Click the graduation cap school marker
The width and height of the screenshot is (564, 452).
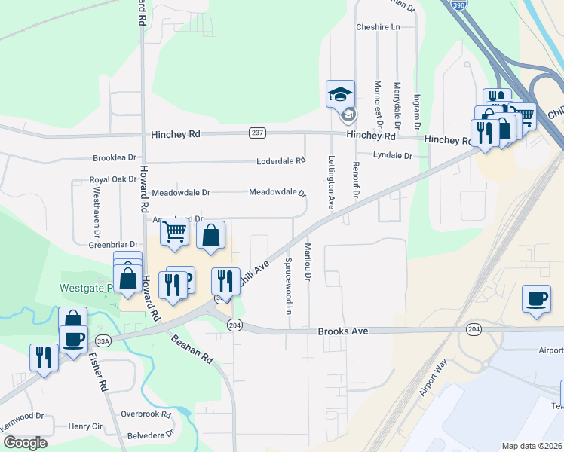pos(340,94)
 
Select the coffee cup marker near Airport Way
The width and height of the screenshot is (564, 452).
pos(536,298)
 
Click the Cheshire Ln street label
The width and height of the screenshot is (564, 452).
pos(378,27)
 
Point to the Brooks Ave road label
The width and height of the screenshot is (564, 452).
pos(343,331)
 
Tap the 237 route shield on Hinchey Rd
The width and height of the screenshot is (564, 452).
pos(257,133)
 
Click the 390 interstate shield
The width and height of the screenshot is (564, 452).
pos(459,5)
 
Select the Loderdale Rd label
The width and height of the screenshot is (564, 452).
pos(280,160)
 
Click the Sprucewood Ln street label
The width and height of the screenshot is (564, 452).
pos(289,286)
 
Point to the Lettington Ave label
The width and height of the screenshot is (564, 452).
pos(330,182)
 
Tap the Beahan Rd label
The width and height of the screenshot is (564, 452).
pos(192,350)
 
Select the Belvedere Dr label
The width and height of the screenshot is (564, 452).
pos(151,435)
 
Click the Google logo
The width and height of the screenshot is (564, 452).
pos(24,443)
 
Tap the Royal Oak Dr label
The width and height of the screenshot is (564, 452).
pos(113,180)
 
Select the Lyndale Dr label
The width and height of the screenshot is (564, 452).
pos(394,156)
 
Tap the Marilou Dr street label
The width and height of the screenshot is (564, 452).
pos(308,263)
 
